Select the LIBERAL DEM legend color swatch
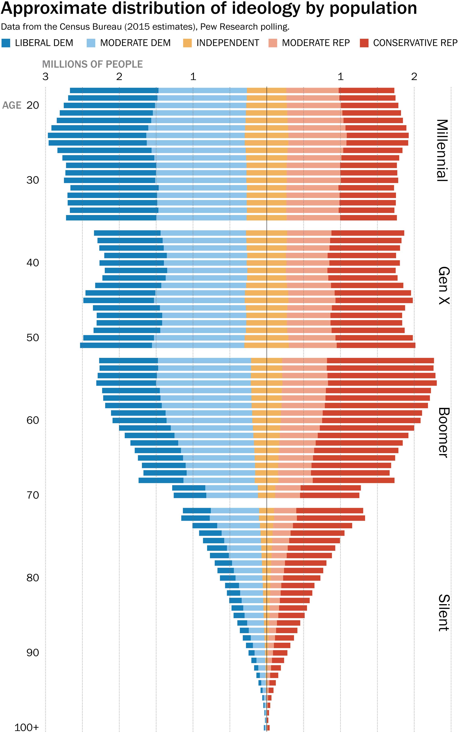(x=6, y=43)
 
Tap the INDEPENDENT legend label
(x=228, y=43)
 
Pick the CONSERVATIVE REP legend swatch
(x=364, y=43)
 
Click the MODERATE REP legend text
(x=316, y=43)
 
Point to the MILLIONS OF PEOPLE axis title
(x=92, y=64)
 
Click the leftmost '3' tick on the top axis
(x=45, y=77)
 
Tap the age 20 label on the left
(x=33, y=105)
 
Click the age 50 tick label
(x=33, y=338)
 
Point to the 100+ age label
(x=27, y=727)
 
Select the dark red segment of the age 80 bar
(x=302, y=578)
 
